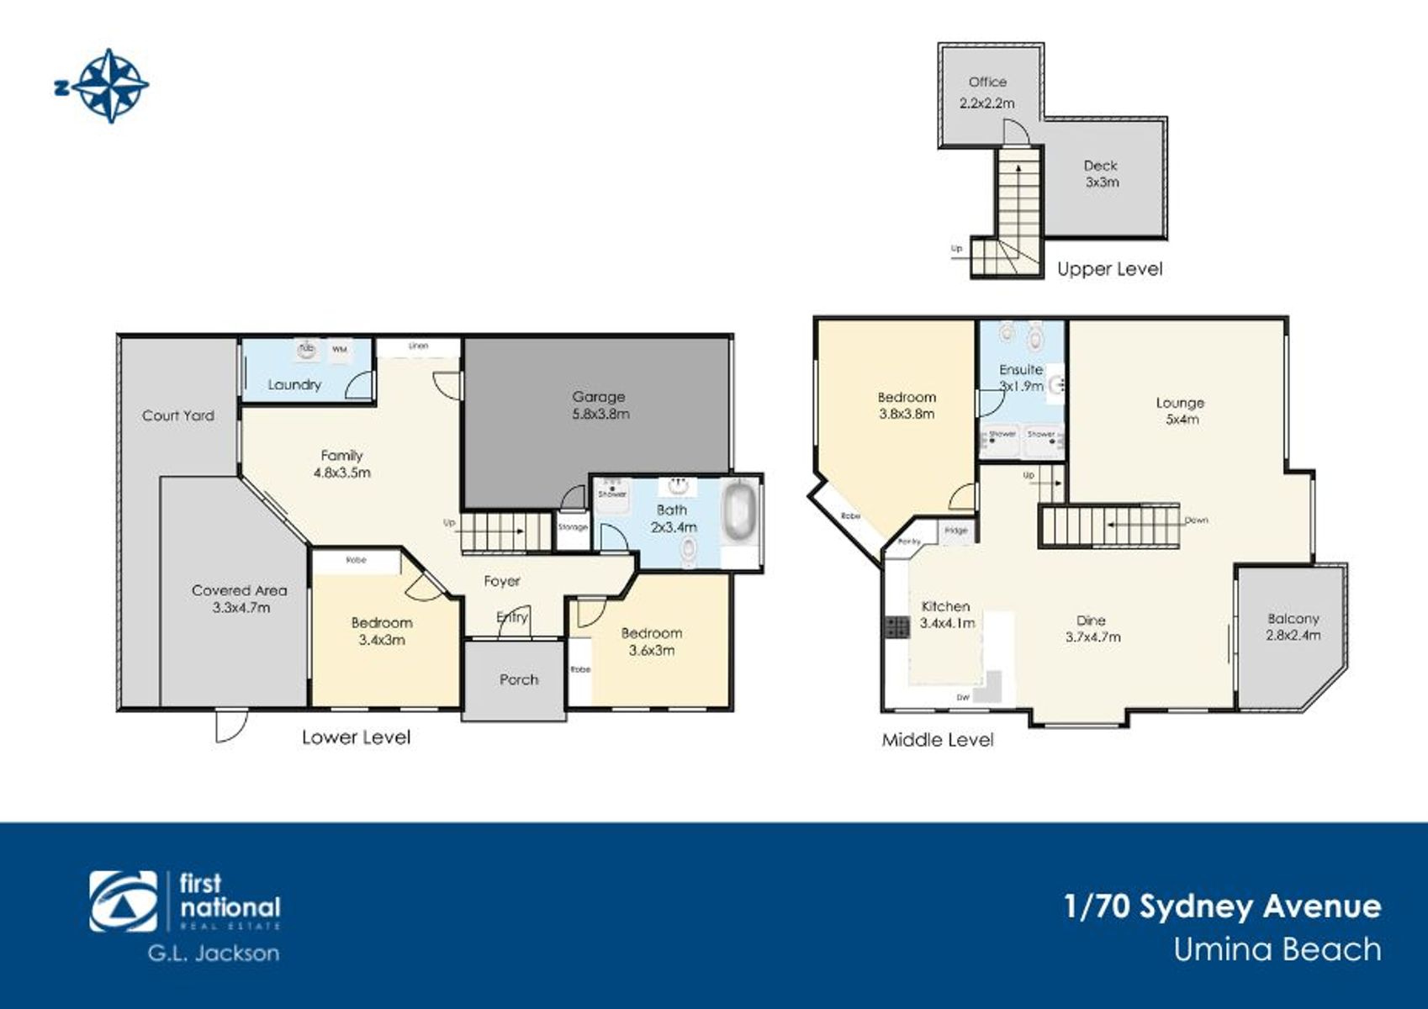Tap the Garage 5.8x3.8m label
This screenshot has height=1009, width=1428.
coord(600,405)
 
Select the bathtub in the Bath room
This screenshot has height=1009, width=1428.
coord(740,511)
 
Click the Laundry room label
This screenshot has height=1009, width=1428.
coord(294,385)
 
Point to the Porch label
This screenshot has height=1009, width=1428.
coord(519,679)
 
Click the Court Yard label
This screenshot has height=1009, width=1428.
coord(178,415)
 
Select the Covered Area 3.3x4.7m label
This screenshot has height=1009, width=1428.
coord(240,599)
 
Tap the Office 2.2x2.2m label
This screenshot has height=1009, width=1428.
coord(987,92)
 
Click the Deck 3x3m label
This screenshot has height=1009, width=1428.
coord(1101,174)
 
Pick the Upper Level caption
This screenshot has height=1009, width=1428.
coord(1109,269)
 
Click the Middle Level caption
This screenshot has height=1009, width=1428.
coord(937,740)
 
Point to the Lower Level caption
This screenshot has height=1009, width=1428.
coord(356,737)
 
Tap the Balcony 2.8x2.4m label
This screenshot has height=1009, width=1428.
coord(1293,627)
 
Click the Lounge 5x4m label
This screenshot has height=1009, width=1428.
coord(1180,411)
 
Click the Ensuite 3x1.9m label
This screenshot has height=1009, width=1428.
coord(1021,378)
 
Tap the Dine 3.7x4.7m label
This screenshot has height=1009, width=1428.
coord(1092,629)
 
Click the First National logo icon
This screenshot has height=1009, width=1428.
coord(124,902)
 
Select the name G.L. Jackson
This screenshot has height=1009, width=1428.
coord(214,953)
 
